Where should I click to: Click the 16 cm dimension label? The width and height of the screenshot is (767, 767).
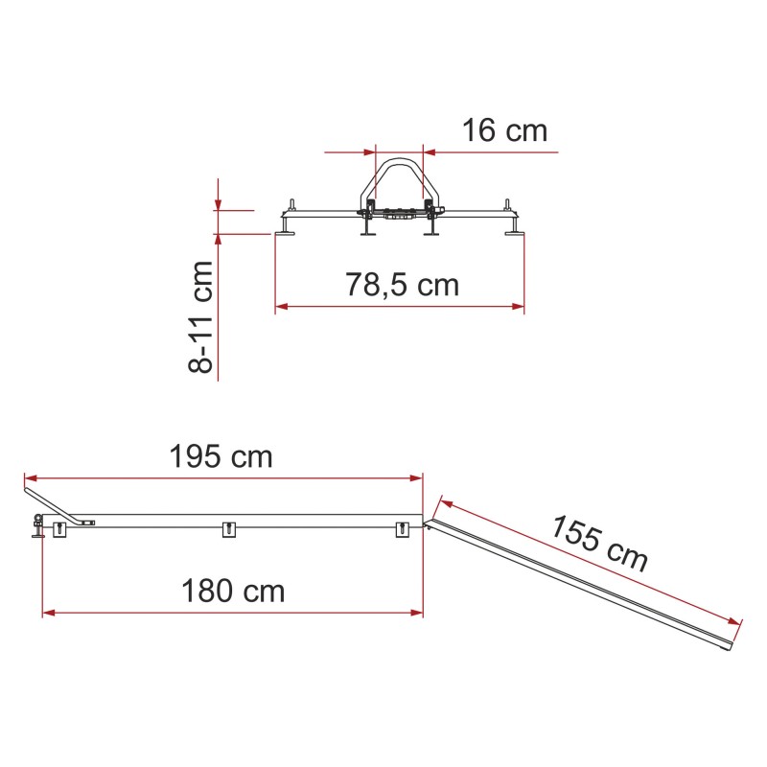pyautogui.click(x=504, y=130)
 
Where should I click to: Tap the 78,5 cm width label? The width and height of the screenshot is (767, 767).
pyautogui.click(x=402, y=285)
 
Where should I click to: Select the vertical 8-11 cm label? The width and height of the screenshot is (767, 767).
pyautogui.click(x=200, y=317)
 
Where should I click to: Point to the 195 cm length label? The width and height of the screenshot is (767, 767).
pyautogui.click(x=221, y=456)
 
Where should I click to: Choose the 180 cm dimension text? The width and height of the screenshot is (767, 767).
pyautogui.click(x=233, y=591)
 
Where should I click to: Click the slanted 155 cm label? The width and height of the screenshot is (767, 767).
pyautogui.click(x=600, y=543)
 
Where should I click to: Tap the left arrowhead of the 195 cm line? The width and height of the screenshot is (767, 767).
pyautogui.click(x=31, y=477)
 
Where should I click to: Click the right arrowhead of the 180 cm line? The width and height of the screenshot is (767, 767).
pyautogui.click(x=416, y=613)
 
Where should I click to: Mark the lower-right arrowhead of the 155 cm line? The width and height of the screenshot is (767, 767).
pyautogui.click(x=734, y=621)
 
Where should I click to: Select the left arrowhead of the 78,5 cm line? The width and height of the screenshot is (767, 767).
pyautogui.click(x=282, y=307)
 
